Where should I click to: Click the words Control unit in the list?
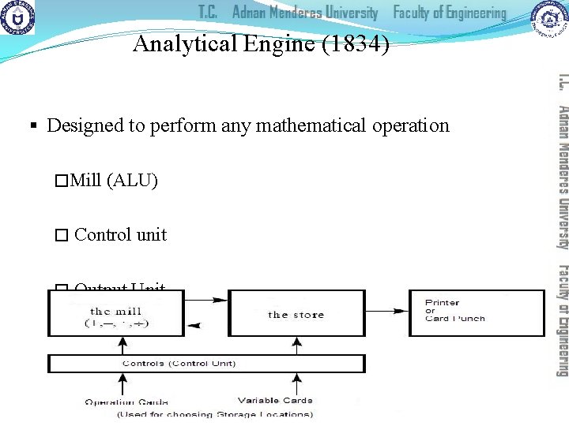point(120,234)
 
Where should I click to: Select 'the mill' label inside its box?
point(116,312)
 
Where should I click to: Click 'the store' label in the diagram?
point(296,315)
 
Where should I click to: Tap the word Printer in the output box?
point(442,303)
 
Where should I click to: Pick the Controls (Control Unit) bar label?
point(179,364)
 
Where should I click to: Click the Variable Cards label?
point(275,400)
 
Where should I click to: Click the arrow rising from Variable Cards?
point(296,384)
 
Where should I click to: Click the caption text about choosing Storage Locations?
point(214,413)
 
